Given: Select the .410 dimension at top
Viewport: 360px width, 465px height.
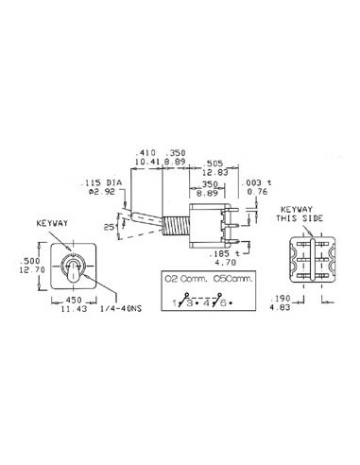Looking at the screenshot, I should tap(146, 151).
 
